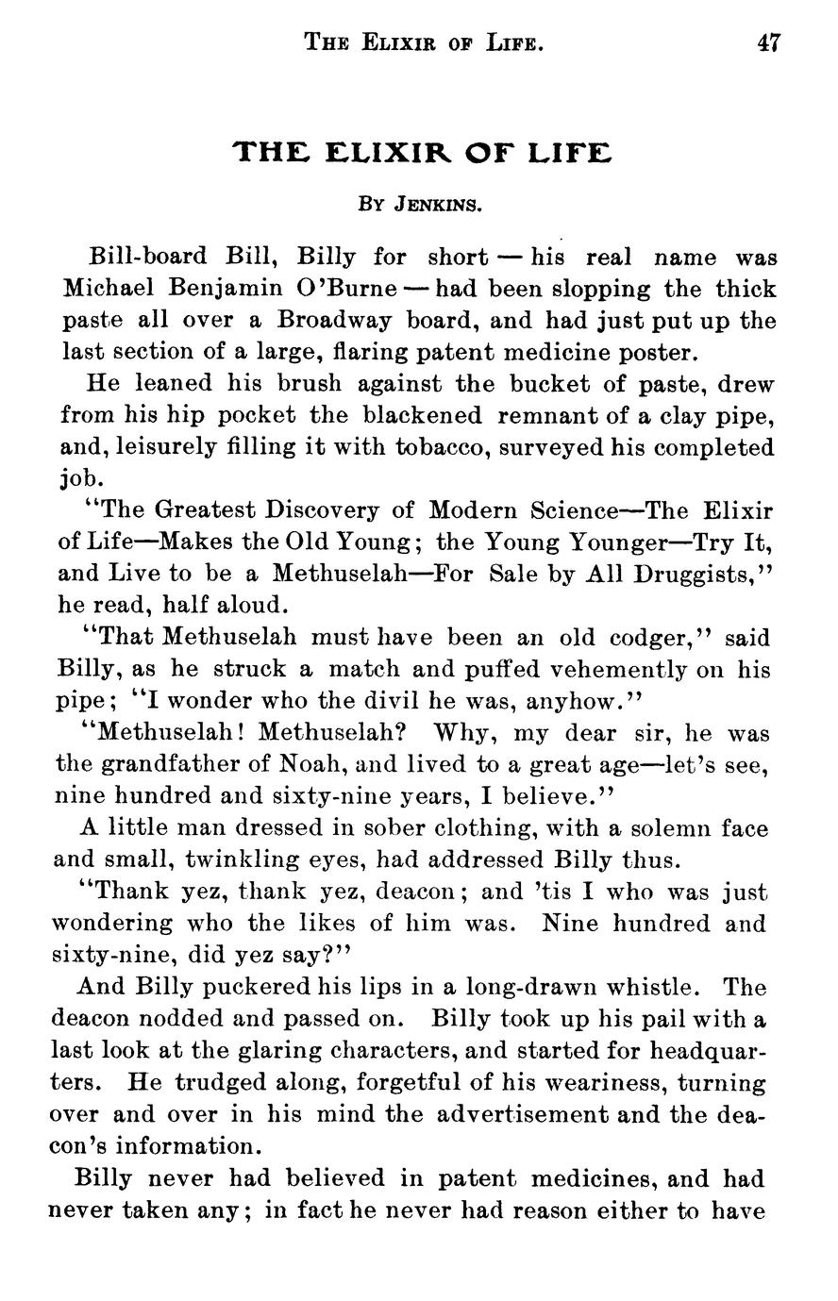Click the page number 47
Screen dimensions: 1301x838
coord(767,42)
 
